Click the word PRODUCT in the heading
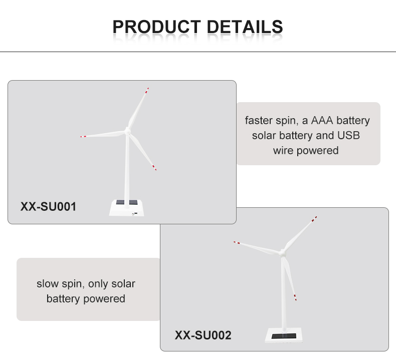tap(156, 27)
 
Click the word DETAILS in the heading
tap(245, 27)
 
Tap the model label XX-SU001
tap(48, 207)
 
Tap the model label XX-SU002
tap(203, 335)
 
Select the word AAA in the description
tap(322, 120)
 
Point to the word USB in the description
tap(348, 136)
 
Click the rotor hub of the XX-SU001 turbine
tap(127, 131)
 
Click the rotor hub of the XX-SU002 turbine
tap(282, 252)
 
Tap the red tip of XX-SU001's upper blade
tap(147, 91)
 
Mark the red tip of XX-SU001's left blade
tap(83, 137)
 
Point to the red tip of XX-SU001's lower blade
tap(154, 168)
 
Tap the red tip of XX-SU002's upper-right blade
tap(314, 219)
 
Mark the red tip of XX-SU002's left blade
tap(237, 242)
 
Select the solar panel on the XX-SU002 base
tap(284, 336)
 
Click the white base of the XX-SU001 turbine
tap(126, 208)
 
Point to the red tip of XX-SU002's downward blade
tap(295, 298)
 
